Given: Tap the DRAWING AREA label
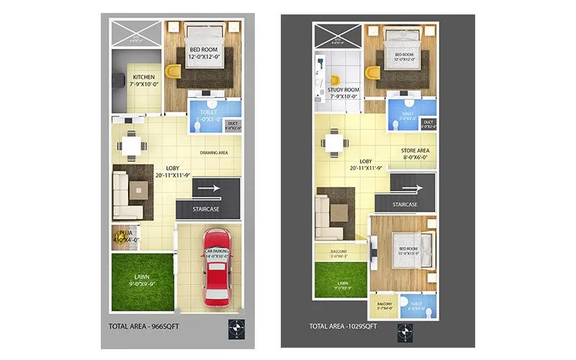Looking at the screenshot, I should pyautogui.click(x=215, y=153).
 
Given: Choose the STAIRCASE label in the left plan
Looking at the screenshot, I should pyautogui.click(x=206, y=209).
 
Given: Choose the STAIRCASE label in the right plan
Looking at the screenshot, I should pyautogui.click(x=405, y=204).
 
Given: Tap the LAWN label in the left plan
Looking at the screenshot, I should pyautogui.click(x=143, y=278).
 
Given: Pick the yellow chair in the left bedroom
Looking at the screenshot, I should pyautogui.click(x=172, y=72).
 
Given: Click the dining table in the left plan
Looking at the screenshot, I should pyautogui.click(x=130, y=145).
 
